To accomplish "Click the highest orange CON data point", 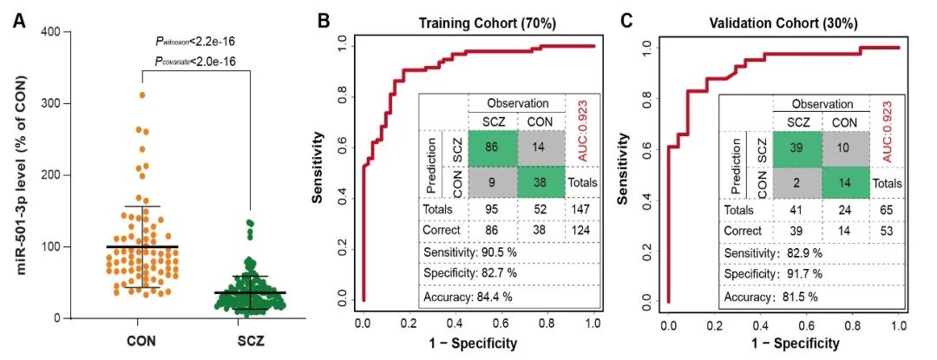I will (141, 95).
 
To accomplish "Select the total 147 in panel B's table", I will (578, 210).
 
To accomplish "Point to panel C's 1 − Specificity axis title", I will (783, 343).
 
